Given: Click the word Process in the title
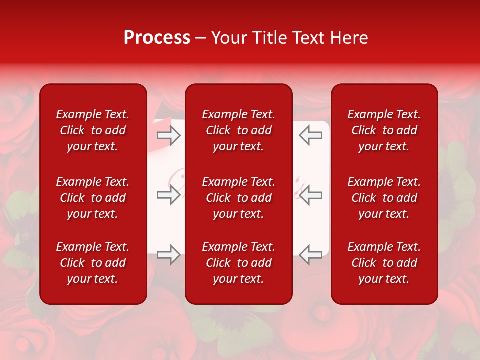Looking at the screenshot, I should [x=157, y=38].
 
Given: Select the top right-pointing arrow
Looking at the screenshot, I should [x=169, y=135].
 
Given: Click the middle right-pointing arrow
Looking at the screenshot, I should [x=169, y=195].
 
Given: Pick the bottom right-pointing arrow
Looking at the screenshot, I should [x=169, y=255].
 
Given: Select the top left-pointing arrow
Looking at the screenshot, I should [x=311, y=135].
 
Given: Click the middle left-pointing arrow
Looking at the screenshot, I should [x=311, y=195].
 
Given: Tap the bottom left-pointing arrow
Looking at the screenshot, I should [x=311, y=255].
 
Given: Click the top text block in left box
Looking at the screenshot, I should [x=93, y=130].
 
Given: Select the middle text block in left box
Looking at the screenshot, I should [x=93, y=198].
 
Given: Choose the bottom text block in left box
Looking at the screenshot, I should [x=93, y=263].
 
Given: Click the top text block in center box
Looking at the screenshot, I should [x=239, y=130].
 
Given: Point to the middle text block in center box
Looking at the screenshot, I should [x=239, y=198].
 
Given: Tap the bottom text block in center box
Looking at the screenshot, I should [x=239, y=263].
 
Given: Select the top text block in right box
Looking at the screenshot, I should [x=384, y=130].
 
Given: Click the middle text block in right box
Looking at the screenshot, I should [x=384, y=198].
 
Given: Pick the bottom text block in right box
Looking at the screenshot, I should [x=384, y=263].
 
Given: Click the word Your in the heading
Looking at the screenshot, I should [x=229, y=38].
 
